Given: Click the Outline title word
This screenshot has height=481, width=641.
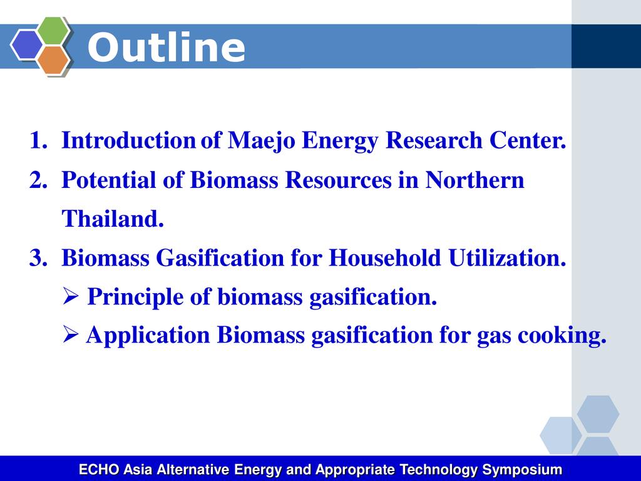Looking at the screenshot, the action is (167, 47).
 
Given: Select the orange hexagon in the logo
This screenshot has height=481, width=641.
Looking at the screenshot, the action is (53, 59).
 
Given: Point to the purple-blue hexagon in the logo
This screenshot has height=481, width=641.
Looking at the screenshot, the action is (26, 44).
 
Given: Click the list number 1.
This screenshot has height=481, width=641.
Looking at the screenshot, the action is (38, 140).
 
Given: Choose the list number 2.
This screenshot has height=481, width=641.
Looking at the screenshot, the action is (38, 180).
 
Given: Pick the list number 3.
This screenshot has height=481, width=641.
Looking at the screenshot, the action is (38, 259).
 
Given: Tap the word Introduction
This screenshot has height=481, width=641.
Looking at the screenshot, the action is (128, 140).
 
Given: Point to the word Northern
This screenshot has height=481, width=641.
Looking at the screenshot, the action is (474, 180).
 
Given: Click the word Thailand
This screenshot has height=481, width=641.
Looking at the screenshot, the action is (113, 219).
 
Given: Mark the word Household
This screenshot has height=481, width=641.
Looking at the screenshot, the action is (385, 258).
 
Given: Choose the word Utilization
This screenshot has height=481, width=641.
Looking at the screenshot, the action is (507, 258).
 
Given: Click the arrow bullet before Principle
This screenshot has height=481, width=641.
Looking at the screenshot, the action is (70, 296).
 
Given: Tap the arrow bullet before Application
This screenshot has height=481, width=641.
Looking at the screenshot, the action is (70, 335).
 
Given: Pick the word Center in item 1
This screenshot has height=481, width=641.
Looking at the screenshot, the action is (528, 140).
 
